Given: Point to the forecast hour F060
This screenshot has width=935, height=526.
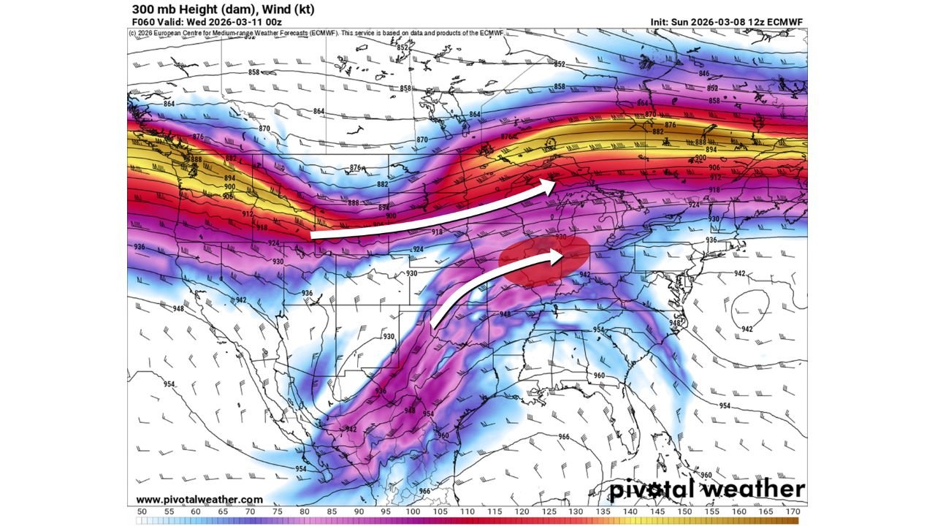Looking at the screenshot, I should point(144,22).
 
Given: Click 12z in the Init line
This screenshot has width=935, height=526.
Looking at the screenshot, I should point(757,22).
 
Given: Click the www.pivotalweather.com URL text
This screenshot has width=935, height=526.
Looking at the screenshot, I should point(199,500).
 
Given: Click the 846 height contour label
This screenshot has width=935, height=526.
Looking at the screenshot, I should point(704,74).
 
